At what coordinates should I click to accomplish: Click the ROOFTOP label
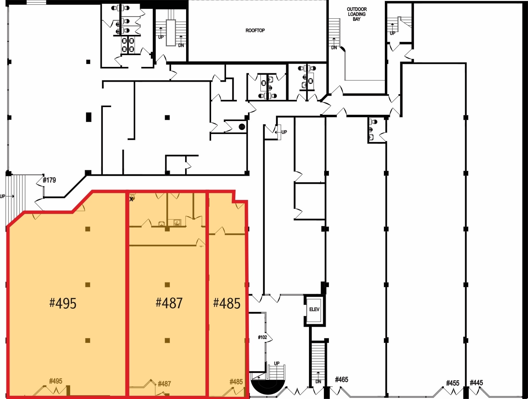click(x=255, y=30)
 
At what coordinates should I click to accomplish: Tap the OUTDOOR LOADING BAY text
click(x=357, y=14)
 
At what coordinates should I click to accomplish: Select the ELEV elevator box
click(x=314, y=309)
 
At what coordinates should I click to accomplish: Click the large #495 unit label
click(x=63, y=303)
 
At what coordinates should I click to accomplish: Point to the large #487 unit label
click(x=169, y=303)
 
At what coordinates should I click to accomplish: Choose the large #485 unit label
click(x=227, y=303)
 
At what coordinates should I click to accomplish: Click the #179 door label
click(x=49, y=180)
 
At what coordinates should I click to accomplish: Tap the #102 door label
click(x=262, y=337)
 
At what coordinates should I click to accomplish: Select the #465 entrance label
click(x=342, y=379)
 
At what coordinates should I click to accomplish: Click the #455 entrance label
click(x=452, y=383)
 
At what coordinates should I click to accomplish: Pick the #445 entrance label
click(x=476, y=383)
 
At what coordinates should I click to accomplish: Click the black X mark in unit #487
click(x=131, y=199)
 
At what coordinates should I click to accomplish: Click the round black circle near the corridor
click(x=242, y=127)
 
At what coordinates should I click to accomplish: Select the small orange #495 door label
click(x=56, y=381)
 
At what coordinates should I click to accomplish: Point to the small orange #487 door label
click(x=164, y=384)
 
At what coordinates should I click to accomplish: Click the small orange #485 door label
click(x=236, y=382)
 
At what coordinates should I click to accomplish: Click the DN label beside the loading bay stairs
click(x=334, y=48)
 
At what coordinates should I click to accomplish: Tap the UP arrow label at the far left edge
click(x=3, y=196)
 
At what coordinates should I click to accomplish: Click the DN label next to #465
click(x=318, y=382)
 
